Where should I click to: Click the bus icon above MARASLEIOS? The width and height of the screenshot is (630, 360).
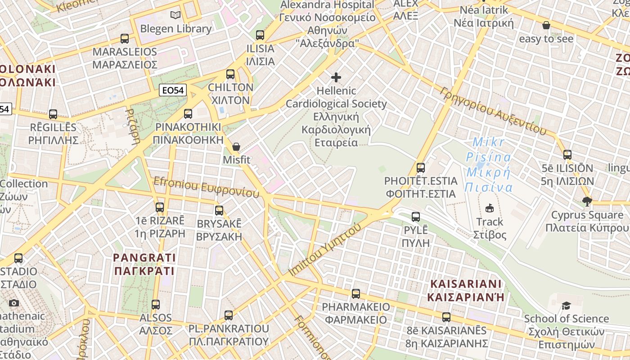point(125,39)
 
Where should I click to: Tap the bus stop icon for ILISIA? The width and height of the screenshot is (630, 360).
point(260,35)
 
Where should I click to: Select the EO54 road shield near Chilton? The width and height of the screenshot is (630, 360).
point(173,90)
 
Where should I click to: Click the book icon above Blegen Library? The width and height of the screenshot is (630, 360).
point(175,15)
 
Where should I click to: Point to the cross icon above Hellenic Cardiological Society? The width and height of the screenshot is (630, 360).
point(336,77)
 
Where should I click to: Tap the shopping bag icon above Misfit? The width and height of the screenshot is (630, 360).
point(236,147)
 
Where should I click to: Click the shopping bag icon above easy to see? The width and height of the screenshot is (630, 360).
point(546,25)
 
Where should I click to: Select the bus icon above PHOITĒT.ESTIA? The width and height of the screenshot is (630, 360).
point(421,168)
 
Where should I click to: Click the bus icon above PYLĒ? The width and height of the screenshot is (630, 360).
point(416,217)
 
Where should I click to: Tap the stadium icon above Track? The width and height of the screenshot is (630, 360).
point(490,208)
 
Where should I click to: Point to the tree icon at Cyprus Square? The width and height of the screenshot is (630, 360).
point(587,201)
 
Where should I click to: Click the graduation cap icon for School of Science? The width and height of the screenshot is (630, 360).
point(566,306)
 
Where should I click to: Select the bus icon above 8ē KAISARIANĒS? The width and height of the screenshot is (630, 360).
point(446,317)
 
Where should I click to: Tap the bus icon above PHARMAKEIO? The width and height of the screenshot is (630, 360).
point(356,294)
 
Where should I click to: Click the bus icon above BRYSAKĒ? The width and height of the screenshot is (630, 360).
point(219,210)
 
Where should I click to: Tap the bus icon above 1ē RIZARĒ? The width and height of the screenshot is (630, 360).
point(160,207)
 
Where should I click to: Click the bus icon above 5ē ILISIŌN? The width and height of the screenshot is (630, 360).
point(567,155)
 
